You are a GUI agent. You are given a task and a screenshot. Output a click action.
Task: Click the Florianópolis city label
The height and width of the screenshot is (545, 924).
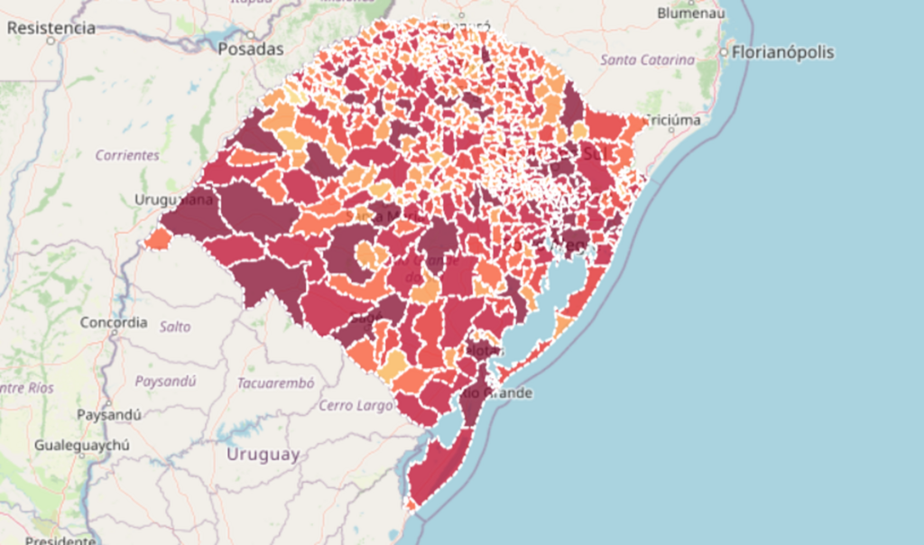pyautogui.click(x=783, y=52)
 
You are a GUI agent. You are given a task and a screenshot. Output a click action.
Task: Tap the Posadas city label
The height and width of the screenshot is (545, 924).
pyautogui.click(x=250, y=50)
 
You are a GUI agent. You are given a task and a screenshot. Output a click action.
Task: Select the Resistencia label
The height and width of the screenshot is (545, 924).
pyautogui.click(x=51, y=28)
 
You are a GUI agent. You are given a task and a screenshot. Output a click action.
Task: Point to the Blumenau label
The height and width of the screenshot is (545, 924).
pyautogui.click(x=691, y=14)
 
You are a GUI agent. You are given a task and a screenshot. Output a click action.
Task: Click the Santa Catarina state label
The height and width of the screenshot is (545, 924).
pyautogui.click(x=647, y=60)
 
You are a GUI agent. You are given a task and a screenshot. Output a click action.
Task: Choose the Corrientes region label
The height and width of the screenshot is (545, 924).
pyautogui.click(x=127, y=155)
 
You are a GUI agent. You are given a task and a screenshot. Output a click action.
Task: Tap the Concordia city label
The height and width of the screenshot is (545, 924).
pyautogui.click(x=114, y=322)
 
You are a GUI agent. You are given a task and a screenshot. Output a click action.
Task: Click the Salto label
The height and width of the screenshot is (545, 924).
pyautogui.click(x=175, y=327)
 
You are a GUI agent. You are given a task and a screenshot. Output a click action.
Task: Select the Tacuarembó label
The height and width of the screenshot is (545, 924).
pyautogui.click(x=276, y=383)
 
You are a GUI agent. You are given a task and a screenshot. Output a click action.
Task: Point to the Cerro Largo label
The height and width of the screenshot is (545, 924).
pyautogui.click(x=356, y=406)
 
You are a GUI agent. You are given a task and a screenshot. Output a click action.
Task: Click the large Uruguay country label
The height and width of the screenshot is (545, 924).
pyautogui.click(x=263, y=455)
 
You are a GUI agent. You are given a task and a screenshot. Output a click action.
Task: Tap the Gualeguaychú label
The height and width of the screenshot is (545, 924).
pyautogui.click(x=82, y=445)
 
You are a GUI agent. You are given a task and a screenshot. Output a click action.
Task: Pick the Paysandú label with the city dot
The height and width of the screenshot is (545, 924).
pyautogui.click(x=109, y=415)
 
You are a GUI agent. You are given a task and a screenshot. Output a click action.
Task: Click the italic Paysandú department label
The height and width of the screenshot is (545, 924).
pyautogui.click(x=165, y=381)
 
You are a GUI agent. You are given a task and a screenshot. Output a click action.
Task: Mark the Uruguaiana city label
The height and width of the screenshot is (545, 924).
pyautogui.click(x=173, y=199)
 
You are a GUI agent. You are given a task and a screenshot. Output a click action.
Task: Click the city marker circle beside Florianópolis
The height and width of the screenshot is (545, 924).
pyautogui.click(x=725, y=53)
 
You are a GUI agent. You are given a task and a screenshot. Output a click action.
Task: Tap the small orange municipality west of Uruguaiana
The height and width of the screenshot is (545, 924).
pyautogui.click(x=158, y=239)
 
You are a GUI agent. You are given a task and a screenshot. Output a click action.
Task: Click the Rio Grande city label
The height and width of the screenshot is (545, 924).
pyautogui.click(x=494, y=393)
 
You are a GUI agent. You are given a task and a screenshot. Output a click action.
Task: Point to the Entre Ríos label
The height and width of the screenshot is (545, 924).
pyautogui.click(x=27, y=388)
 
